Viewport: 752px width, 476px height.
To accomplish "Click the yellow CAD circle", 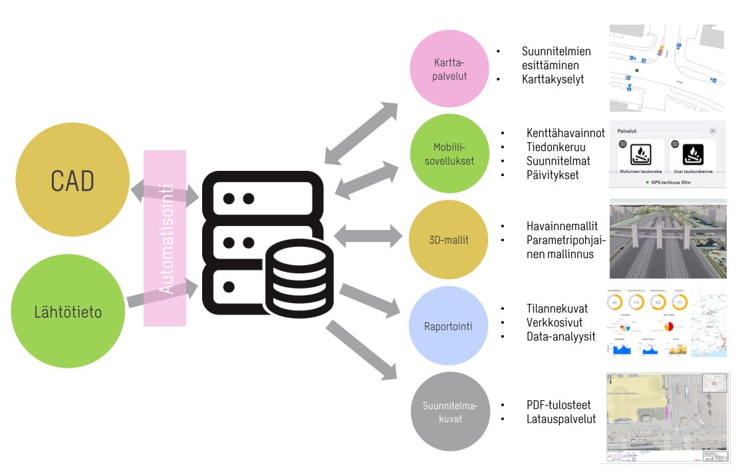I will [x=72, y=180].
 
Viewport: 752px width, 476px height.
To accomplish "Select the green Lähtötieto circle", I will [x=68, y=311].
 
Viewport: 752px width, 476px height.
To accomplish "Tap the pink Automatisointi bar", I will [x=165, y=238].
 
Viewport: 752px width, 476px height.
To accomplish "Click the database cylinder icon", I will [x=300, y=273].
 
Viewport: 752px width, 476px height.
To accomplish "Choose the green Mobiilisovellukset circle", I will [x=450, y=154].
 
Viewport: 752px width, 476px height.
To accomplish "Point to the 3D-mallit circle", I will [x=450, y=240].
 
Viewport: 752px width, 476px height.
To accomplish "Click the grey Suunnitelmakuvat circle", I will [x=450, y=412].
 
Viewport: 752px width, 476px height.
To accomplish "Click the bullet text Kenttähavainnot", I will [x=565, y=133].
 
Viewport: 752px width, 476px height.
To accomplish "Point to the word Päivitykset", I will [x=553, y=175].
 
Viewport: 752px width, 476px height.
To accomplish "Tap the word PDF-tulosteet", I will [x=558, y=405].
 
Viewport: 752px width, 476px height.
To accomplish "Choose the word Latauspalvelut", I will [x=561, y=419].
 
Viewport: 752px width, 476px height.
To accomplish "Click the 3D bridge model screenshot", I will [x=668, y=239].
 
